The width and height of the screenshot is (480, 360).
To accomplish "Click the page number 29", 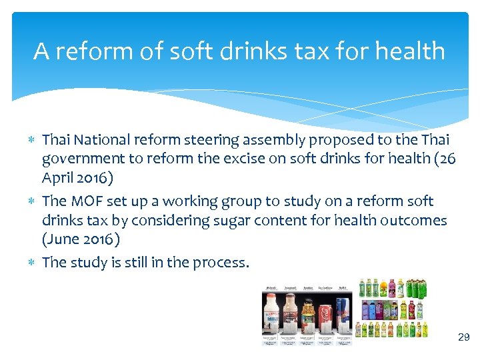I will point(464,338).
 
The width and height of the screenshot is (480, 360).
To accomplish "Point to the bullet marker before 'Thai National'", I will point(33,140).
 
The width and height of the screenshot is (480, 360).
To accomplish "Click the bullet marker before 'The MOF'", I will point(33,201).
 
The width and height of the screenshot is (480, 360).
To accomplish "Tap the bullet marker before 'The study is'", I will point(33,263).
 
